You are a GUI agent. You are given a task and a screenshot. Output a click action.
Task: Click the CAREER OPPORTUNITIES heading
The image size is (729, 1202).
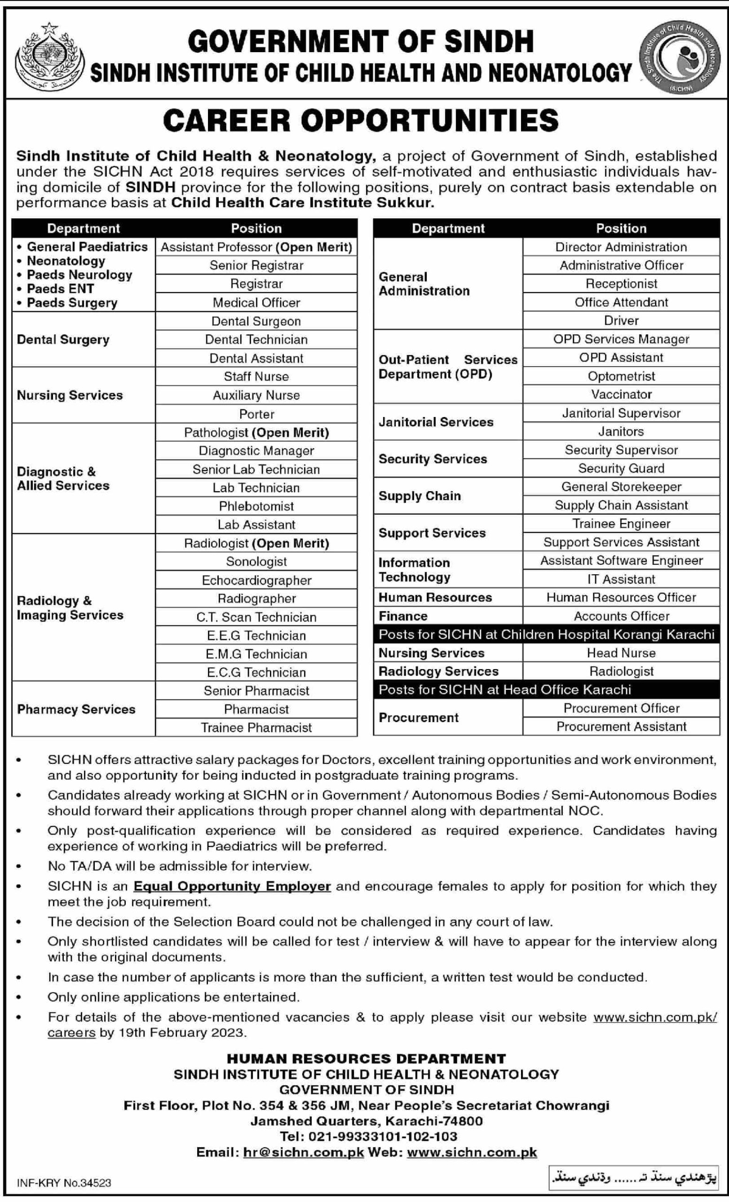pyautogui.click(x=361, y=121)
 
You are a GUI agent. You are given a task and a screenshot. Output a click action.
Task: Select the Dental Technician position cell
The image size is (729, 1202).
pyautogui.click(x=256, y=339)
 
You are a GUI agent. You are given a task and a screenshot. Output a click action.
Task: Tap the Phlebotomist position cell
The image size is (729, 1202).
pyautogui.click(x=256, y=506)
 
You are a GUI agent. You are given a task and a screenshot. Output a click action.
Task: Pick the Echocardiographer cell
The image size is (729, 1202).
pyautogui.click(x=256, y=580)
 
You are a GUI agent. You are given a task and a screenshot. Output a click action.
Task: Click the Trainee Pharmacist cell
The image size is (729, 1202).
pyautogui.click(x=256, y=727)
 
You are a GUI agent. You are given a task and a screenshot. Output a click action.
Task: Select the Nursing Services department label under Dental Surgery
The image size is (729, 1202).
pyautogui.click(x=70, y=395)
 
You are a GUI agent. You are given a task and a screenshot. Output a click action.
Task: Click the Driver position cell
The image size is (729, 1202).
pyautogui.click(x=621, y=321)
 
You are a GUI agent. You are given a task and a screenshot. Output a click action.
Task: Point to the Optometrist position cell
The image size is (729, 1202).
pyautogui.click(x=621, y=376)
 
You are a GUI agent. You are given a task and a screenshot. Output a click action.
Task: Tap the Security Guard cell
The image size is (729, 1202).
pyautogui.click(x=621, y=468)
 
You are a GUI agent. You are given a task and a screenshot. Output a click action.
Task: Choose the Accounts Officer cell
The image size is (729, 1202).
pyautogui.click(x=621, y=616)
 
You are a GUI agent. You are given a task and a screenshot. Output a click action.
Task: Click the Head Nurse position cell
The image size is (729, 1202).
pyautogui.click(x=621, y=653)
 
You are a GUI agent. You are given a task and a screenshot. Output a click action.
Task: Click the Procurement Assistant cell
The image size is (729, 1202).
pyautogui.click(x=621, y=726)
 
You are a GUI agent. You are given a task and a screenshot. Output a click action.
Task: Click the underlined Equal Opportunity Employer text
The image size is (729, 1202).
pyautogui.click(x=232, y=886)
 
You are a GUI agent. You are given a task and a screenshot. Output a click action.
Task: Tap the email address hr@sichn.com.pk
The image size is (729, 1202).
pyautogui.click(x=303, y=1152)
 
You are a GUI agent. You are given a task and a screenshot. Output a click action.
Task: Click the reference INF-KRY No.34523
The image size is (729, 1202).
pyautogui.click(x=64, y=1182)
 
